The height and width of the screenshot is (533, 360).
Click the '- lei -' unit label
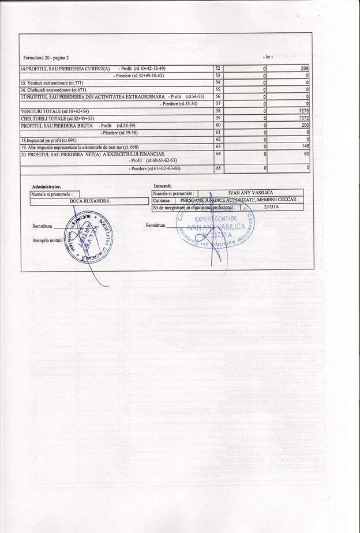pos(268,57)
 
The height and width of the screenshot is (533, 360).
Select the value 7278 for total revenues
pos(304,110)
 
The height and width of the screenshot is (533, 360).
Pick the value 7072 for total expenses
pos(304,118)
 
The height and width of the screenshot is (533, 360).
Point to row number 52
pos(217,69)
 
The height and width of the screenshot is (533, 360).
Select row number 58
pos(217,110)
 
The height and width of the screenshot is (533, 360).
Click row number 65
pos(217,168)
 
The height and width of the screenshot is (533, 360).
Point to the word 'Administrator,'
pos(47,187)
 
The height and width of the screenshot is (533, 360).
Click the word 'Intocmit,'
pos(163,186)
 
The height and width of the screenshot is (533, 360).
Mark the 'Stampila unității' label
pos(47,239)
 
